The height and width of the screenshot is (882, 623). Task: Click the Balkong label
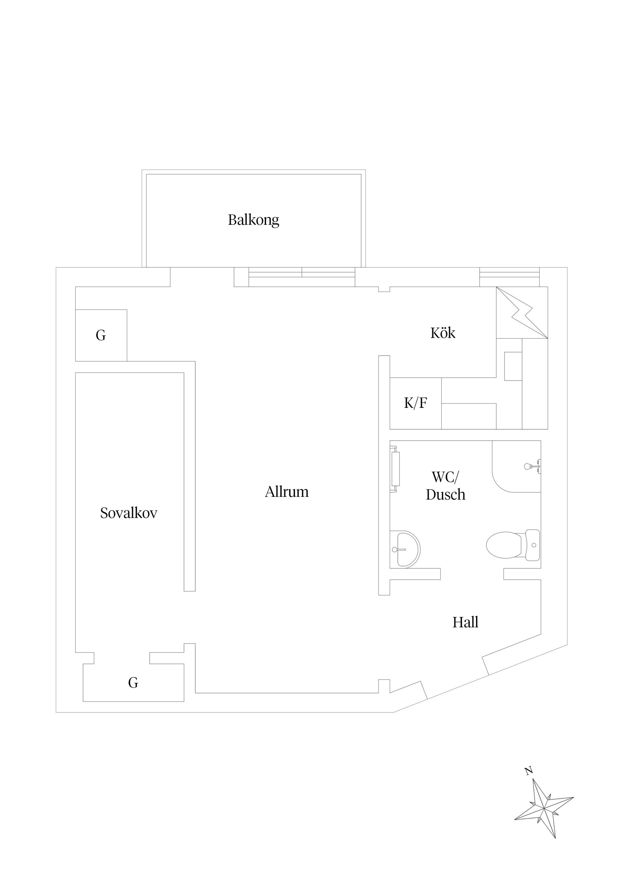click(x=253, y=220)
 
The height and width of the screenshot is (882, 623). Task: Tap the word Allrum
click(x=287, y=492)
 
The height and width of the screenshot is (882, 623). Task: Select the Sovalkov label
click(x=128, y=513)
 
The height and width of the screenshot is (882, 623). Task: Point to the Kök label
click(x=443, y=333)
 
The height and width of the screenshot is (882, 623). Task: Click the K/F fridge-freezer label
click(x=415, y=403)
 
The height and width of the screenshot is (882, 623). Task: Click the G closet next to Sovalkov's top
click(x=101, y=335)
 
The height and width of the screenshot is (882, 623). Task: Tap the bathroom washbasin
click(x=405, y=549)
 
